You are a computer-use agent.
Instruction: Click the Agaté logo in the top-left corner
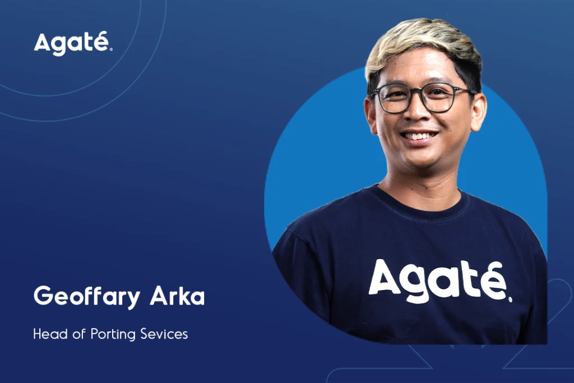coord(73,44)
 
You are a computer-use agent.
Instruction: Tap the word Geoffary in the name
coord(87,296)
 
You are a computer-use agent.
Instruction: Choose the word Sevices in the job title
coord(164,334)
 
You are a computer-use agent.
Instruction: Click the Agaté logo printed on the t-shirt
coord(440,281)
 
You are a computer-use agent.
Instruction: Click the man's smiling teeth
coord(419,136)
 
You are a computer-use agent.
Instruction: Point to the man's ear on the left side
coord(371,114)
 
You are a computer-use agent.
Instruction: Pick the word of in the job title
coord(79,334)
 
